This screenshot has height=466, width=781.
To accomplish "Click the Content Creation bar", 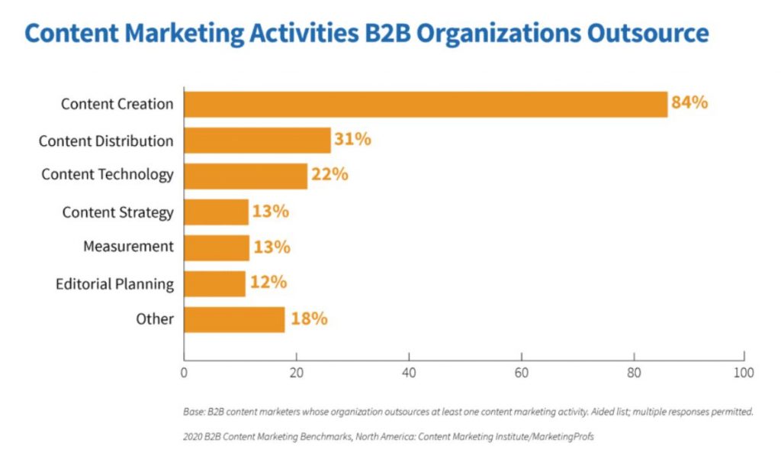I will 426,104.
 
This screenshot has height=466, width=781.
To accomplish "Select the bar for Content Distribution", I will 257,141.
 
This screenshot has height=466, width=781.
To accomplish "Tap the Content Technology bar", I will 245,176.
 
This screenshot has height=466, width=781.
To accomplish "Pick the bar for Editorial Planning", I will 214,283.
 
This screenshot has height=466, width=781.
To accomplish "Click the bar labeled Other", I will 234,319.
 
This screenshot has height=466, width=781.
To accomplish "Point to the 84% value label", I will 689,102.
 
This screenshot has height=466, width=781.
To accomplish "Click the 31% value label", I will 352,139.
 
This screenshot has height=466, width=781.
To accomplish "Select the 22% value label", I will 329,174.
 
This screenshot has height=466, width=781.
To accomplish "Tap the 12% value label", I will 268,283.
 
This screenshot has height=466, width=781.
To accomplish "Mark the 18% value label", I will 308,319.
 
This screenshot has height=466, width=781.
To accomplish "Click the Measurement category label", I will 128,247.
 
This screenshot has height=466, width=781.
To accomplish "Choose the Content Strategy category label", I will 118,212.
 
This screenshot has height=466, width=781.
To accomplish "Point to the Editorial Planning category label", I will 114,285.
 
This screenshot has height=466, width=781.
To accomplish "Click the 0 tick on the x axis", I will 184,374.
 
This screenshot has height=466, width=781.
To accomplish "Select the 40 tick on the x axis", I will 409,374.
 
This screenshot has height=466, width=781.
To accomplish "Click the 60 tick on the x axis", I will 521,374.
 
